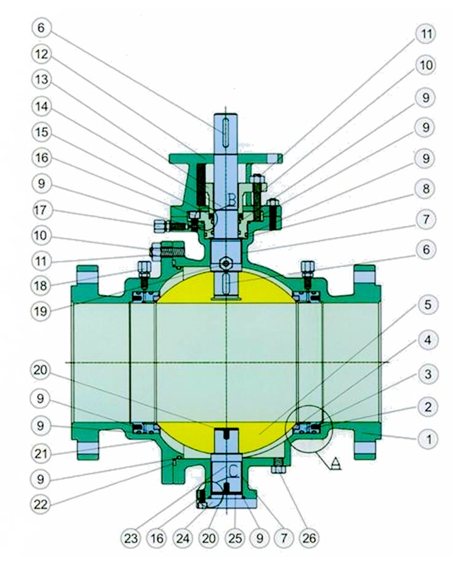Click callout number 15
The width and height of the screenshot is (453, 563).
tap(44, 131)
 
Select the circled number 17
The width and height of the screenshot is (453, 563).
tap(44, 211)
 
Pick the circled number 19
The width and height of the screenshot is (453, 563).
tap(44, 310)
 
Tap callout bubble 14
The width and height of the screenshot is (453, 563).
tap(44, 105)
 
